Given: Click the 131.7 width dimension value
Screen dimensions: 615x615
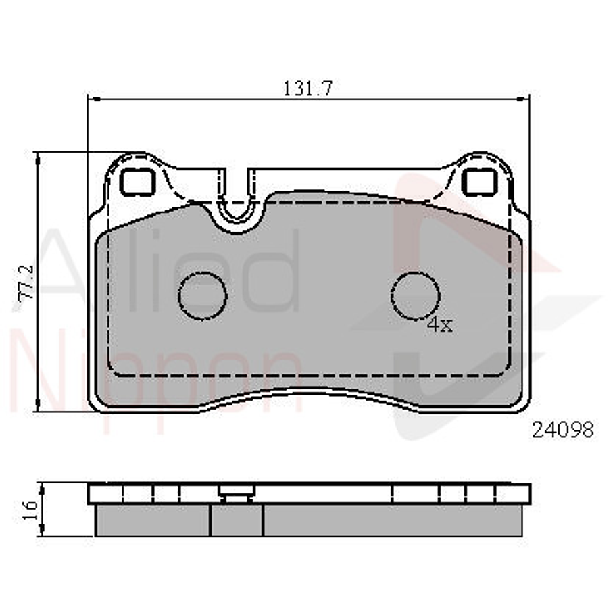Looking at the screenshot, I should coord(307,88).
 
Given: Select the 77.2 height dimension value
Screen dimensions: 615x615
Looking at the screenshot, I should coord(28,282).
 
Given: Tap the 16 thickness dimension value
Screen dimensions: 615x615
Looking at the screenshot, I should coord(28,509).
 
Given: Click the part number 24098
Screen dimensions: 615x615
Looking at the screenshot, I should coord(563,430).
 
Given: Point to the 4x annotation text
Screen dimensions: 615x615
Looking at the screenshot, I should coord(439,325).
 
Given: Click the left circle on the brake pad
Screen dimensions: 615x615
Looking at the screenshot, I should coord(202,295).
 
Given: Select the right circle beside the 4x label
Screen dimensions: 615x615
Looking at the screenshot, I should coord(416,295).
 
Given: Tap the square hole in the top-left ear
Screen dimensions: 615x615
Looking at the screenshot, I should coord(138,180).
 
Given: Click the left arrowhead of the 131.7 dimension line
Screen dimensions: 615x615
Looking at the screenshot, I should coord(94,99).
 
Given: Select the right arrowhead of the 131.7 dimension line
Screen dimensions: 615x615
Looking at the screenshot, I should coord(524,99).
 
